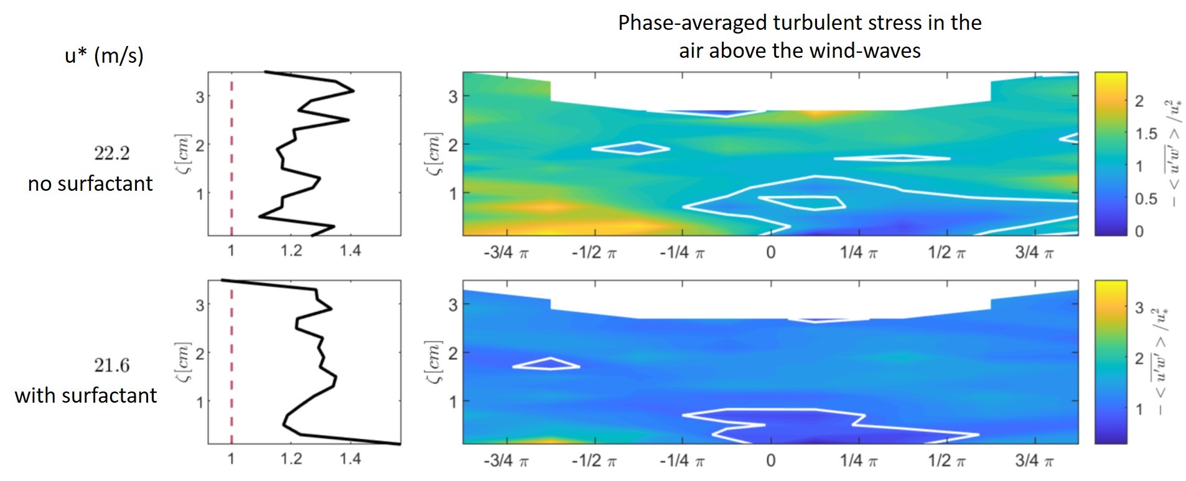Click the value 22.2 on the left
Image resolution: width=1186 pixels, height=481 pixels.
pos(112,153)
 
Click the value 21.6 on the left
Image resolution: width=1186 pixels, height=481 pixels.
pos(112,365)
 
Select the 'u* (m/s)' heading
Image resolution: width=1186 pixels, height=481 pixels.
pos(104,56)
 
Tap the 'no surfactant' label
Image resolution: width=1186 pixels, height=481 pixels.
pos(90,183)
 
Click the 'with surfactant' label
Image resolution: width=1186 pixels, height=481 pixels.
pos(86,395)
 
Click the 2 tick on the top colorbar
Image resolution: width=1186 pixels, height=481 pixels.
pos(1139,101)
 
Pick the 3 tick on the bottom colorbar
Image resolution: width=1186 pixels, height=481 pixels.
pos(1139,308)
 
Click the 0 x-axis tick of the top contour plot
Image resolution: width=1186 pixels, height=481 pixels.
pos(771,252)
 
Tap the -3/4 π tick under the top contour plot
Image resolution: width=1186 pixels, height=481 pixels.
pos(506,252)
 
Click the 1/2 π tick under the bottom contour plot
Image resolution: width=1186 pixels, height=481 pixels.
pos(946,460)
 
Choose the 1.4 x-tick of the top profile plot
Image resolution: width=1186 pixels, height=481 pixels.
pos(350,250)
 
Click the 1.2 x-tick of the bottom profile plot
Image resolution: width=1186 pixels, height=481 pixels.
pos(291,459)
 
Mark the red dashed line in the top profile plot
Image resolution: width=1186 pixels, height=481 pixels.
pos(231,155)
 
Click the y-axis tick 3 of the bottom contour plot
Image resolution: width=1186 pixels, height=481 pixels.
pos(453,305)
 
